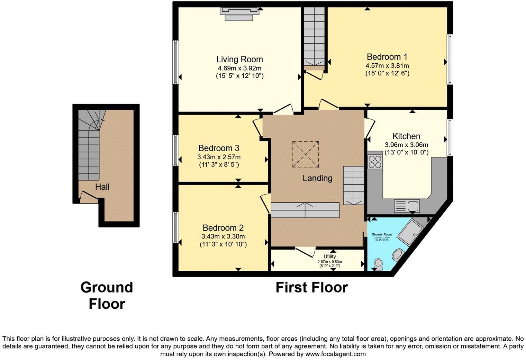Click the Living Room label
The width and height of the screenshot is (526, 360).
pos(239,59)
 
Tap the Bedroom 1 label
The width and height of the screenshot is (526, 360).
pos(387,57)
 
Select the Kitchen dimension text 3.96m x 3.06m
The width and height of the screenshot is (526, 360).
pos(406,145)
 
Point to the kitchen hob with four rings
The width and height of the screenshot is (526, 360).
pos(375,161)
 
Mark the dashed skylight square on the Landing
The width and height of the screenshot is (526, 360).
pos(306,154)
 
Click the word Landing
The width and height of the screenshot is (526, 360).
pos(317,178)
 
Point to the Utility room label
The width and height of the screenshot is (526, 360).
pos(329,256)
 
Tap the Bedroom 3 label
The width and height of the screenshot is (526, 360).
pos(219,148)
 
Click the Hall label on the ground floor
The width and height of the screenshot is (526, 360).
pos(102,187)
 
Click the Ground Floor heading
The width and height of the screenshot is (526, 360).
pos(107,296)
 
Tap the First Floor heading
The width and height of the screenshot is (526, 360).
pos(311,288)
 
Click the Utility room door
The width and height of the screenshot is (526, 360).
pos(305,251)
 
